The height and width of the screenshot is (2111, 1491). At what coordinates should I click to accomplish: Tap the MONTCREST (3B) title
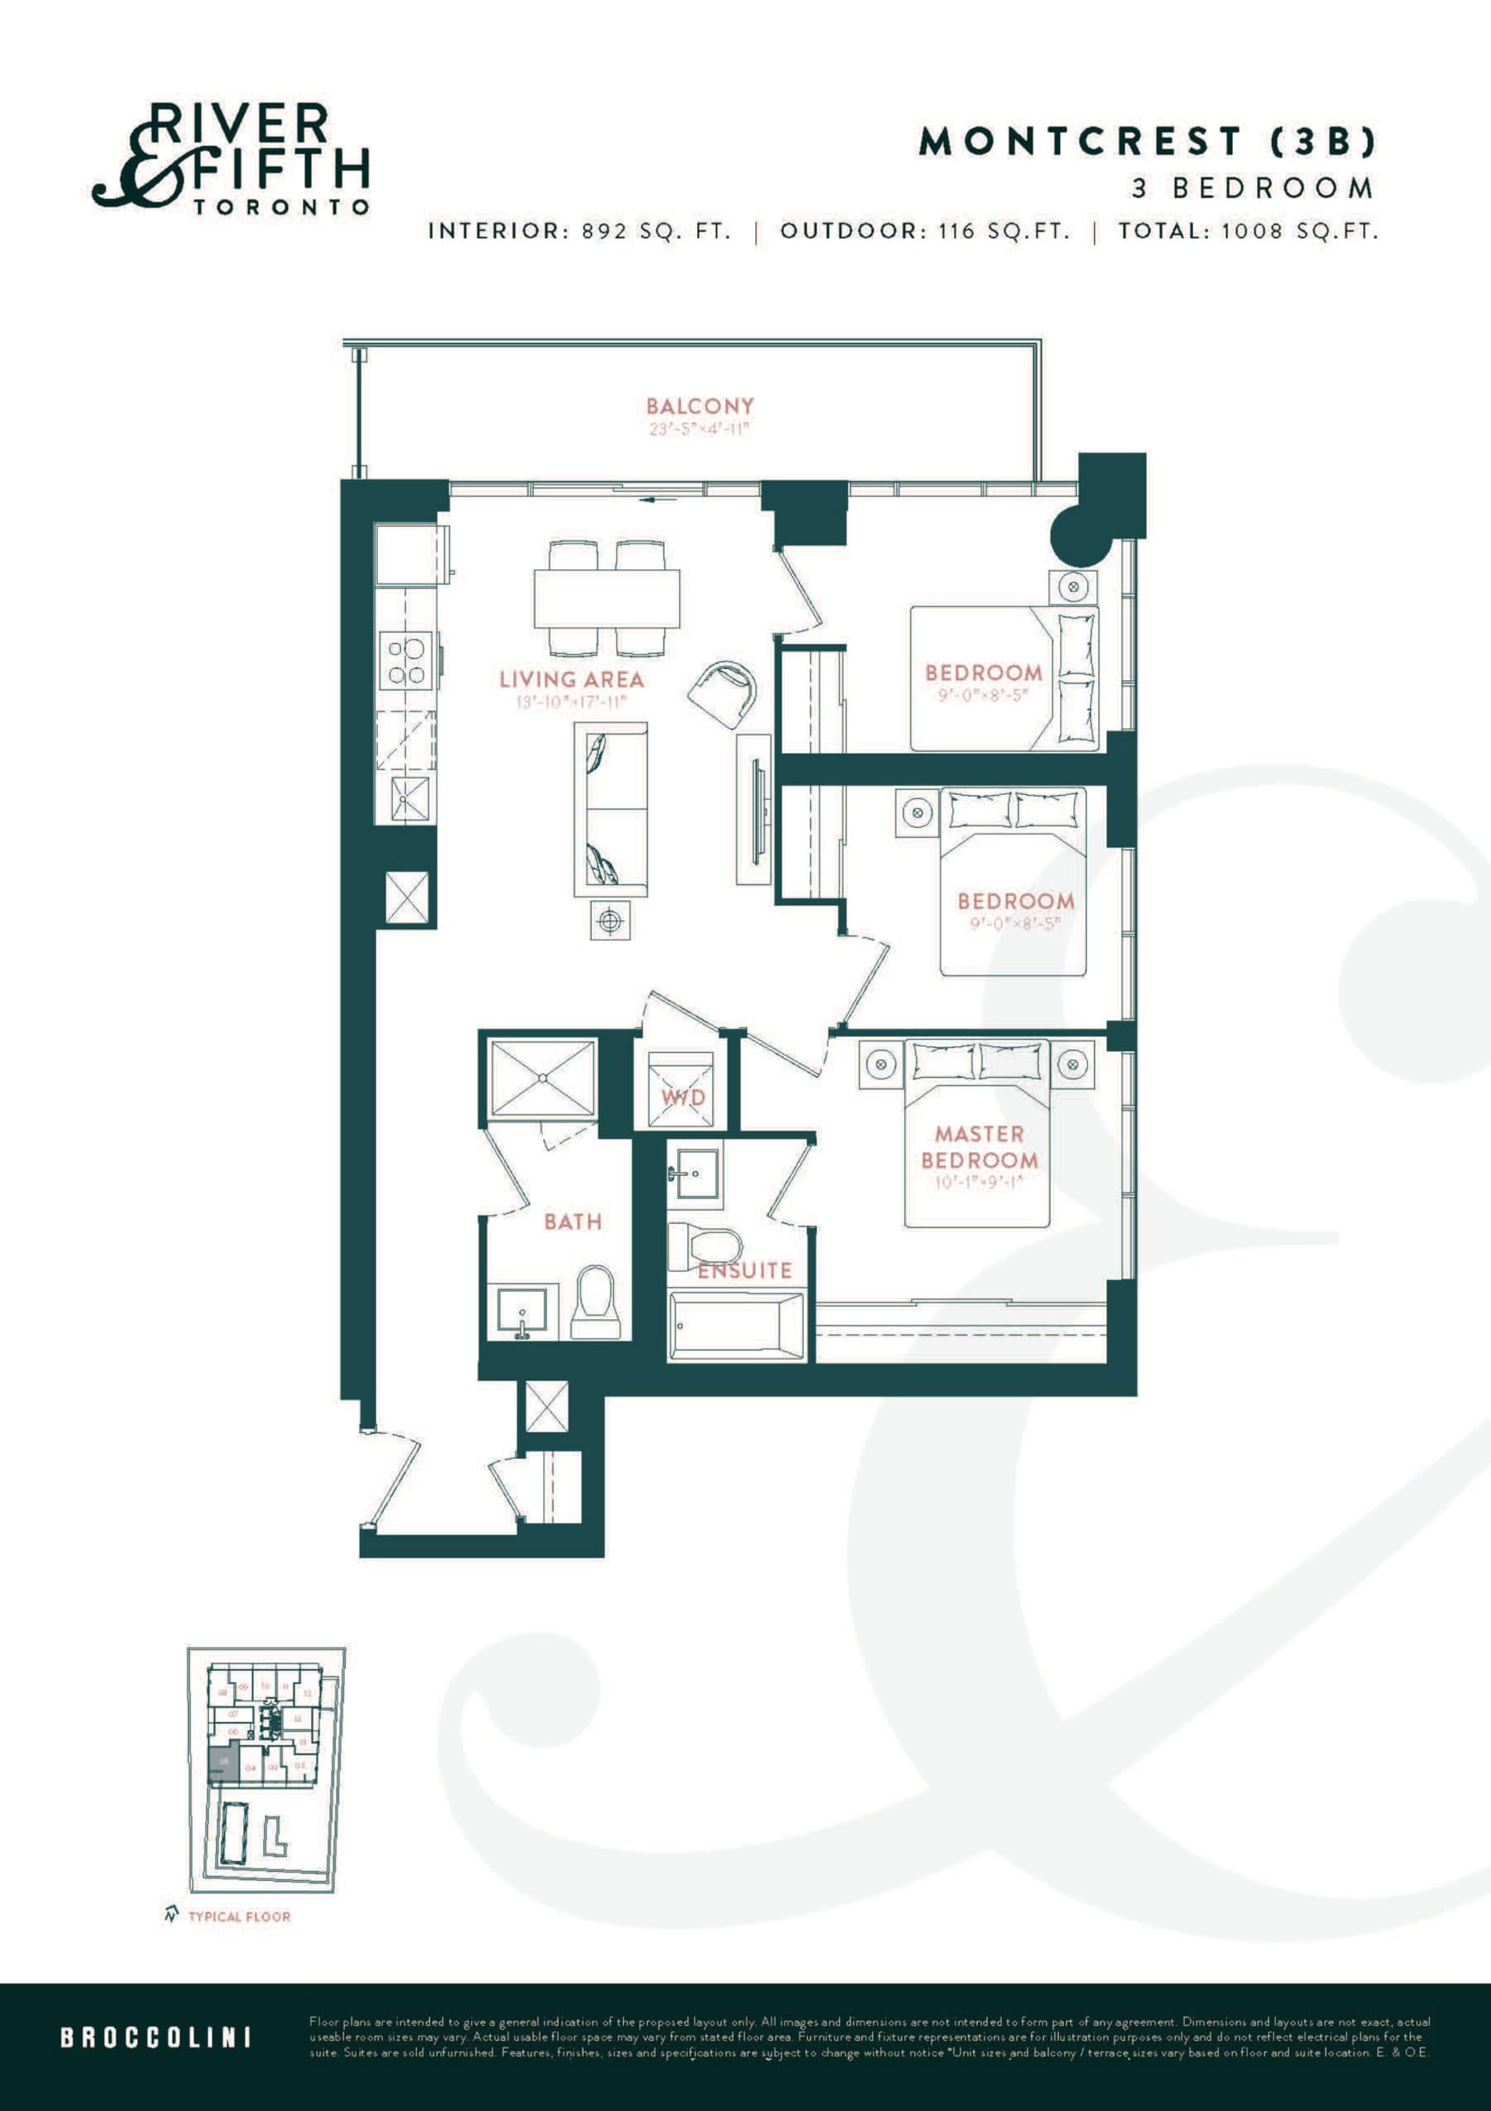pyautogui.click(x=1147, y=142)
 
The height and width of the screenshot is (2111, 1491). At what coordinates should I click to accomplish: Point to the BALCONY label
pyautogui.click(x=700, y=406)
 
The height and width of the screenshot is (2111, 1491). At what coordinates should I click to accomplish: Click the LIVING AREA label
pyautogui.click(x=571, y=679)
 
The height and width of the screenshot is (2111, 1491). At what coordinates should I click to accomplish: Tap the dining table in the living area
pyautogui.click(x=606, y=598)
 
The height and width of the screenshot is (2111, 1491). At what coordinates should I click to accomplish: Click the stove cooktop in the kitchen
pyautogui.click(x=406, y=661)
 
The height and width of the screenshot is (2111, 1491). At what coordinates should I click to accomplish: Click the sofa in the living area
pyautogui.click(x=610, y=809)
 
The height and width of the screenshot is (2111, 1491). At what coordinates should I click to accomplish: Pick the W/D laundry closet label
pyautogui.click(x=682, y=1097)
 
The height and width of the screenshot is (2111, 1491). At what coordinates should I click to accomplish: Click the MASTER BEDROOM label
pyautogui.click(x=979, y=1146)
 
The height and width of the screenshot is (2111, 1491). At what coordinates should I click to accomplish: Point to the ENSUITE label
pyautogui.click(x=744, y=1271)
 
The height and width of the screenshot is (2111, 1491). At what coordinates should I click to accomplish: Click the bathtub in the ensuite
pyautogui.click(x=736, y=1326)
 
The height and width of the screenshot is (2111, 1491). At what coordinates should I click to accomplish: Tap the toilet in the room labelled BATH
pyautogui.click(x=596, y=1302)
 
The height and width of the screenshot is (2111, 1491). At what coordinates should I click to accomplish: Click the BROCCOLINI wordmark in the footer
pyautogui.click(x=155, y=2037)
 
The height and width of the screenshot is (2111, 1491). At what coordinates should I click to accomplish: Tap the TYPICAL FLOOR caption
pyautogui.click(x=238, y=1916)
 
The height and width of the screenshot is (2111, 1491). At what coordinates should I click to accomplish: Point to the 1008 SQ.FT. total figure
pyautogui.click(x=1299, y=231)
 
